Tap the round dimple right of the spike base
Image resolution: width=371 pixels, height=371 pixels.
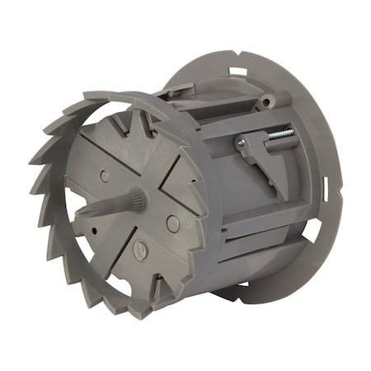(171, 223)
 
